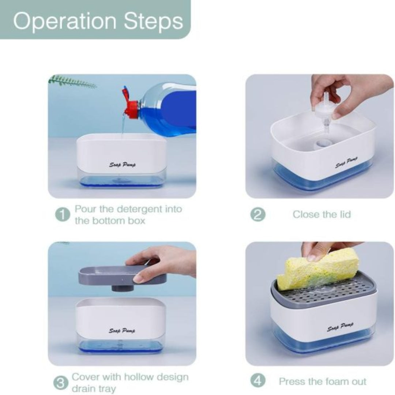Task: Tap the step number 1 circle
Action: (x=62, y=215)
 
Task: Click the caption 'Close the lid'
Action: (x=321, y=214)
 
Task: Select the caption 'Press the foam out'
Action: (x=322, y=381)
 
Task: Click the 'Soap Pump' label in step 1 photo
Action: (x=122, y=165)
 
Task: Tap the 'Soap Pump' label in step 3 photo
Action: (x=122, y=331)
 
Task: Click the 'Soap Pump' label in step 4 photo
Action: (x=340, y=326)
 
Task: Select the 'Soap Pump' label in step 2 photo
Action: (x=347, y=162)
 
